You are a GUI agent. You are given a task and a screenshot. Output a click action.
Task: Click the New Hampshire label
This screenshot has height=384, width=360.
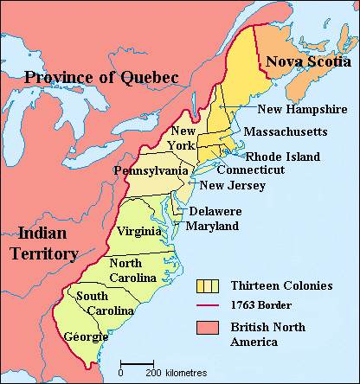pos(297,109)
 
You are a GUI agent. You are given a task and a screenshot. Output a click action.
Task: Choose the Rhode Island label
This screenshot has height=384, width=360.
pos(283,157)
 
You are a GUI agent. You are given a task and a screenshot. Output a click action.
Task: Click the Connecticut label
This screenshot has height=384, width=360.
pos(251,170)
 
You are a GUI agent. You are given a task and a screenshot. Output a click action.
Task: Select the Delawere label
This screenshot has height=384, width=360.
pos(216,212)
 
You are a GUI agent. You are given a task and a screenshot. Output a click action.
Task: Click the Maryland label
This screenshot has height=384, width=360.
pos(215,226)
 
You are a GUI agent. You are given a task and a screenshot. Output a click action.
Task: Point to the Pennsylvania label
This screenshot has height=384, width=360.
pos(151,171)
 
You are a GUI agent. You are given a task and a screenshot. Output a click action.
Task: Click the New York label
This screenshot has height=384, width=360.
pos(183,138)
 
